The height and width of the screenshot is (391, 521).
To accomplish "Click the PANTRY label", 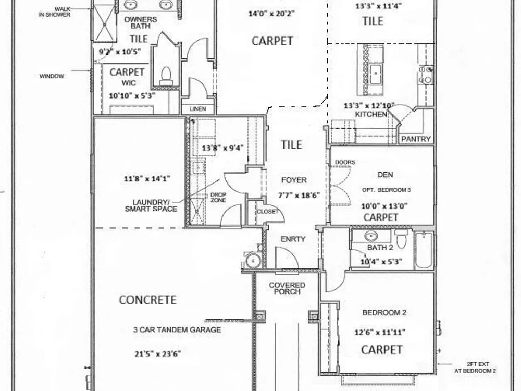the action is pos(416,139).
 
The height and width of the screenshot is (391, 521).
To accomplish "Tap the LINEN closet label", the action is pos(198,109).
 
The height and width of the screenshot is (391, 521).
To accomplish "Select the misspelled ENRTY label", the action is pos(293,239).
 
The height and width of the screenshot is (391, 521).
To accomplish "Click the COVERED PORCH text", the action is pos(287,288).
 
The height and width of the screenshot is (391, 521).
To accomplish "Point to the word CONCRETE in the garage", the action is pos(147,300).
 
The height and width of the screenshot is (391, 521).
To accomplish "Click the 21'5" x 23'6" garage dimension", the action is pos(158,353).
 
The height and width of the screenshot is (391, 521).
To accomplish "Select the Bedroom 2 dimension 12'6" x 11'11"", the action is pos(380,332).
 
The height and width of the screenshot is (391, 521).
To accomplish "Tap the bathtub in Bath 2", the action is pos(424,250).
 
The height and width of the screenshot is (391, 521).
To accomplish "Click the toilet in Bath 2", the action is pos(401,239).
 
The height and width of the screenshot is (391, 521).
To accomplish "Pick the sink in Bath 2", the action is pos(371,236).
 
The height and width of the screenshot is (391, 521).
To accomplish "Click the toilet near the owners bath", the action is pos(166,77).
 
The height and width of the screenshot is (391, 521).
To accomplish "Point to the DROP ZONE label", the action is pos(218,197).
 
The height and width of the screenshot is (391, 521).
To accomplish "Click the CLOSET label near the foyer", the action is pos(267,212).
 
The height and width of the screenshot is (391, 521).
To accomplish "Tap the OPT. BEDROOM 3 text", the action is pos(387,190).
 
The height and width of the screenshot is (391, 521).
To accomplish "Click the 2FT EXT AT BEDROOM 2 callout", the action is pos(475,368).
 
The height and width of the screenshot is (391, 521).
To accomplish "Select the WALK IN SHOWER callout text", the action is pos(55,12).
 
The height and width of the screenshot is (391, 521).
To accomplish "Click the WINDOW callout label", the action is pos(52,76).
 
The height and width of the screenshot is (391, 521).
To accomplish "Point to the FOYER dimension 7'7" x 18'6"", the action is pos(299,195).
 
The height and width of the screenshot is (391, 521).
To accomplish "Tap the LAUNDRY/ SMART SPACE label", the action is pos(151,205).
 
